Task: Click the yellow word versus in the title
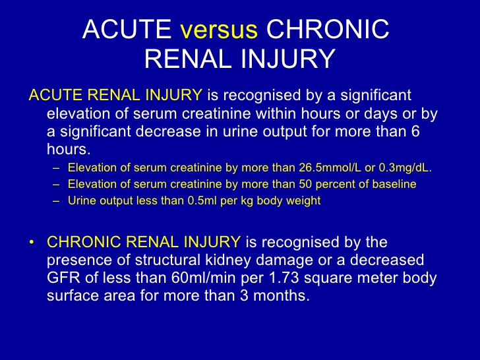219,30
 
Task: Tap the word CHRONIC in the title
328,29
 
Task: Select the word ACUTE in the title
127,29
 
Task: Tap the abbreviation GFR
63,278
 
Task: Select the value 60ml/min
203,278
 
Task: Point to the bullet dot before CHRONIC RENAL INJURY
31,242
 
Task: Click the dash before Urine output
56,201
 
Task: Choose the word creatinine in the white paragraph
216,114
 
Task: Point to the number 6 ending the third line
415,131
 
